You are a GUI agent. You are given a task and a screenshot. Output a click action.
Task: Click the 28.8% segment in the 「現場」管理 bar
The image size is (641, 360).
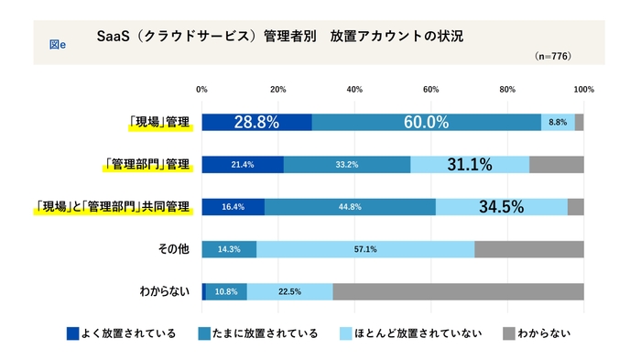point(256,122)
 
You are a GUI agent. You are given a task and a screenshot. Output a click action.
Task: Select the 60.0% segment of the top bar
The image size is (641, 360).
point(426,122)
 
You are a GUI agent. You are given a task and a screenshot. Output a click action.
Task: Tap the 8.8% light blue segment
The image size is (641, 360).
point(558,122)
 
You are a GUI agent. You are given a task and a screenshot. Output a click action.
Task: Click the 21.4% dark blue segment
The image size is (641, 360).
point(243,165)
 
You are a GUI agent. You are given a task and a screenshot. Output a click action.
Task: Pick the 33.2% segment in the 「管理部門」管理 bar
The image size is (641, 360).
point(347,165)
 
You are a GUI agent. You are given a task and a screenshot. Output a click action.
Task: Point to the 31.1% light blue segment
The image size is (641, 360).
point(470,165)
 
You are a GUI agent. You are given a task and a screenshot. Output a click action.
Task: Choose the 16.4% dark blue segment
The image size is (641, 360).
point(233,207)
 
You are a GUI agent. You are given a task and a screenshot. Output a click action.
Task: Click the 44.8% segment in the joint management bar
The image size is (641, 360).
point(350,207)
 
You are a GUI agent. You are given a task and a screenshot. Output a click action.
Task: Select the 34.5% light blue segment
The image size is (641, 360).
point(502,207)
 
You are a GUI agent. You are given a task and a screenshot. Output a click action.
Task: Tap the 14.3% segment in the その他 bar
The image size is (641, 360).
point(229,249)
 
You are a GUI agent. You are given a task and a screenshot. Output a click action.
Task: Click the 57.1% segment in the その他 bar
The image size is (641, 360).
point(365,249)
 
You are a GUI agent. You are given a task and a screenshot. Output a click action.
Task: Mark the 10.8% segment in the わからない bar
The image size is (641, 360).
point(226,291)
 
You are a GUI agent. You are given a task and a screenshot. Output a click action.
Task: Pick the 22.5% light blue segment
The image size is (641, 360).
point(289,291)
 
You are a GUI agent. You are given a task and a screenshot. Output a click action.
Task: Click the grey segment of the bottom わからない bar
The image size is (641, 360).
point(458,291)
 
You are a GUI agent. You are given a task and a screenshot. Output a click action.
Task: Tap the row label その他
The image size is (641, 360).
point(174,249)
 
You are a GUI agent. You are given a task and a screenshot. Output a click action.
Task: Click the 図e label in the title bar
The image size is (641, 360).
point(57,41)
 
